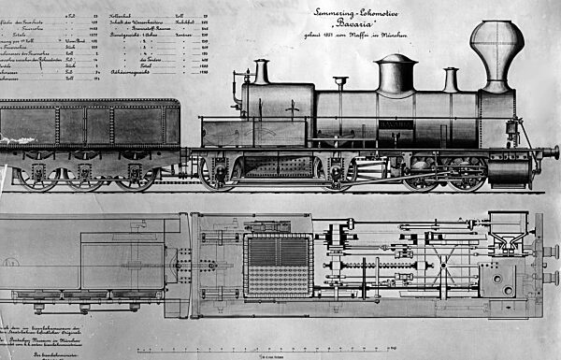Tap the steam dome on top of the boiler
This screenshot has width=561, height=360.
coord(396,74)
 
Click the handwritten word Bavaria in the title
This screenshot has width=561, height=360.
coord(384,26)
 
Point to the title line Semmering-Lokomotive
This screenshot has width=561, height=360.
coord(383,10)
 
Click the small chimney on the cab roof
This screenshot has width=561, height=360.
coord(261,71)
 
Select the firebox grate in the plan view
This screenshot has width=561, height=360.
coord(278,265)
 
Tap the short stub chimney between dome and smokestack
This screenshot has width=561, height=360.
coord(451,79)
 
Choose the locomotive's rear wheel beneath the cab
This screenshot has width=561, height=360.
coord(218,173)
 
